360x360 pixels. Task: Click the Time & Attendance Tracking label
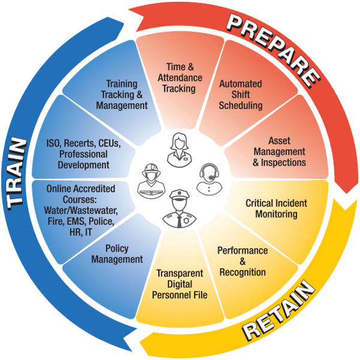tap(180, 79)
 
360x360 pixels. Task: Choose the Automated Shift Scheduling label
tap(241, 95)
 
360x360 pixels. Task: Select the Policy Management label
tap(117, 254)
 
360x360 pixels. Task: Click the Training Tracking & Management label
tap(122, 95)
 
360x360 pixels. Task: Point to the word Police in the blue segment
tap(98, 222)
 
